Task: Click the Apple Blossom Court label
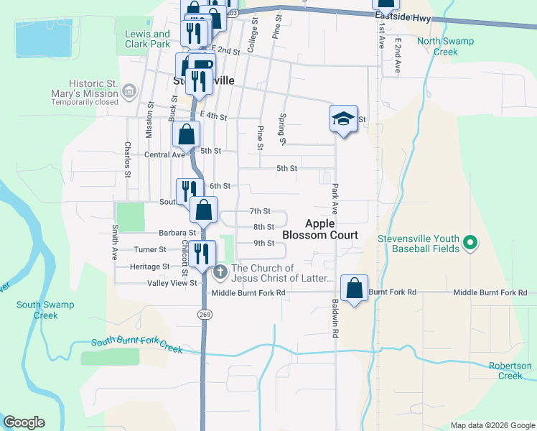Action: tap(319, 229)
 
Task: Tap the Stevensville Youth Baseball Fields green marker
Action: tap(470, 244)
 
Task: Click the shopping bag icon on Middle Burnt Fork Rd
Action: tap(355, 289)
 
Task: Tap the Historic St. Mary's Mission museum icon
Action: tap(130, 91)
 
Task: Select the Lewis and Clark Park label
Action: tap(147, 39)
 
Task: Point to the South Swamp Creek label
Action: tap(45, 310)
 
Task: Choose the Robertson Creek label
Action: tap(510, 371)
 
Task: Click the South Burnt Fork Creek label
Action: tap(137, 346)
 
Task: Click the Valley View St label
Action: tap(173, 283)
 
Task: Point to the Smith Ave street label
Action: tap(113, 242)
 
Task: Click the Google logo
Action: tap(24, 422)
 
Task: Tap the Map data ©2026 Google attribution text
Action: tap(492, 425)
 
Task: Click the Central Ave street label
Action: tap(164, 154)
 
